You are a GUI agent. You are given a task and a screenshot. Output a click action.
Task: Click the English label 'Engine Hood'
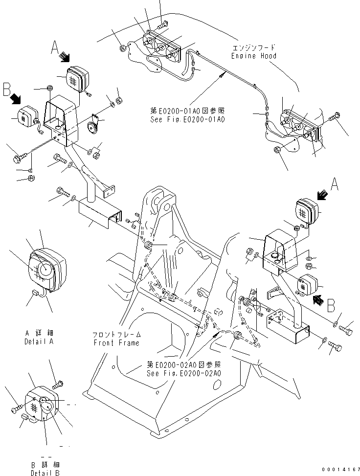point(253,56)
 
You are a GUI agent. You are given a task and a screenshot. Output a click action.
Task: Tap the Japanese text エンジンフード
point(253,48)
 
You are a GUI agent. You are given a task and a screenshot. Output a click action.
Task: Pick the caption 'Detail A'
point(39,341)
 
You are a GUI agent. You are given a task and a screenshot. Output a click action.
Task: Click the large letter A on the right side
point(335,184)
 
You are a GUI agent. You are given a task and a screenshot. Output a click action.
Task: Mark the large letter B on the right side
point(331,306)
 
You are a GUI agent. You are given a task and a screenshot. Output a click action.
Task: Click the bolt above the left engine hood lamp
point(162,22)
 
